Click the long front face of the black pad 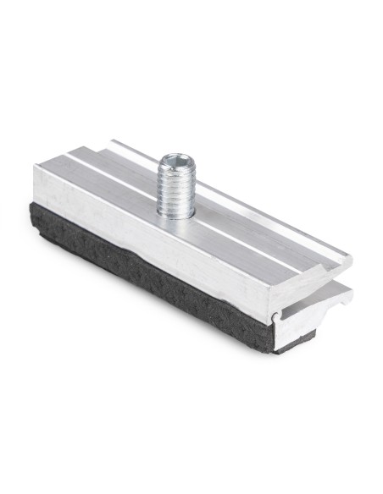tap(144, 271)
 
